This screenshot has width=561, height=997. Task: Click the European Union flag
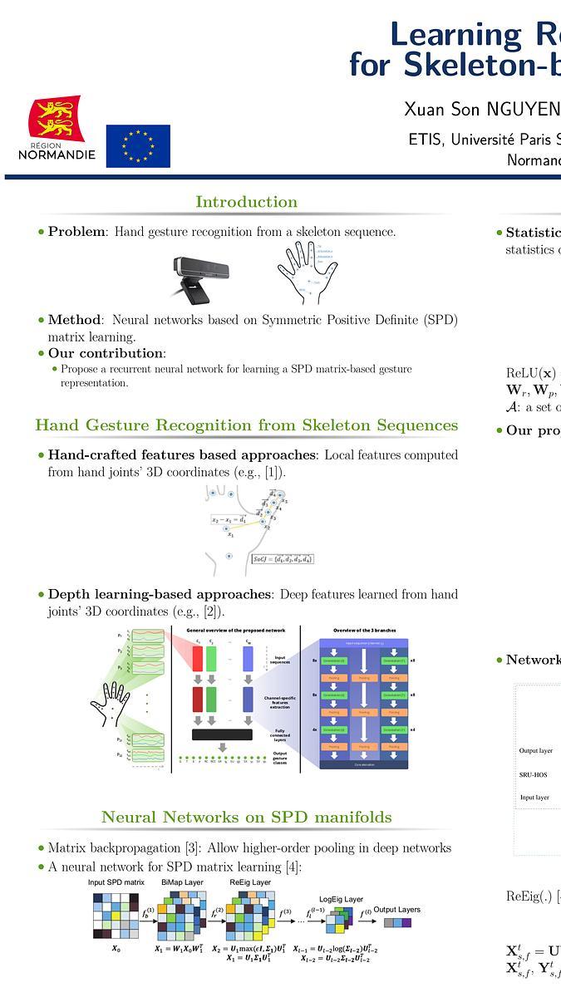138,146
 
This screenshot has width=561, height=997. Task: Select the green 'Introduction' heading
246,202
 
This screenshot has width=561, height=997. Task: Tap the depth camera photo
200,275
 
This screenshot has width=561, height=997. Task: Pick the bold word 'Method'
74,320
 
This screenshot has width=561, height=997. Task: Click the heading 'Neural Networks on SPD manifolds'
246,818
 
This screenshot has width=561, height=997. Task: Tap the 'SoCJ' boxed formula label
283,559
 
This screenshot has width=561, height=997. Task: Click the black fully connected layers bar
222,734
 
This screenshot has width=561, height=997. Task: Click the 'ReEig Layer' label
250,882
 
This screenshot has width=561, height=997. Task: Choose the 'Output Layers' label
396,910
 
